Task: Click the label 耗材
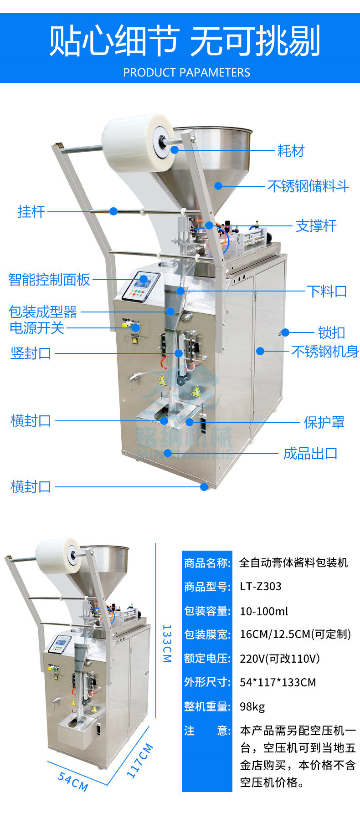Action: pos(290,151)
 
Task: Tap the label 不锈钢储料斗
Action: pos(308,186)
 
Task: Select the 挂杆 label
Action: pos(31,212)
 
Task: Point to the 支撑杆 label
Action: pos(316,226)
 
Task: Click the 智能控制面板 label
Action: pos(49,280)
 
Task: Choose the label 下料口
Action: pos(327,291)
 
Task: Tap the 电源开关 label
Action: pos(37,328)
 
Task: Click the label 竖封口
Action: pos(31,353)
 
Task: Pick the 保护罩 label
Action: pos(324,422)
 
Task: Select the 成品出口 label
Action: pos(310,454)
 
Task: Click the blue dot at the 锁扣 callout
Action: pos(285,332)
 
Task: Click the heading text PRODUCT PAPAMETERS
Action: pos(186,72)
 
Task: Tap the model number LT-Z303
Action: pos(261,586)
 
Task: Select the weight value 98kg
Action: pos(252,706)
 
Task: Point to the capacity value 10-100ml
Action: pos(264,611)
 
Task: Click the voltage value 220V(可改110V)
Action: pos(280,659)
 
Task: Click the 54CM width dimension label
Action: pos(73,781)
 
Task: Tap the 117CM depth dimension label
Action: pos(139,761)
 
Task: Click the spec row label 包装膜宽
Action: pos(207,634)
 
